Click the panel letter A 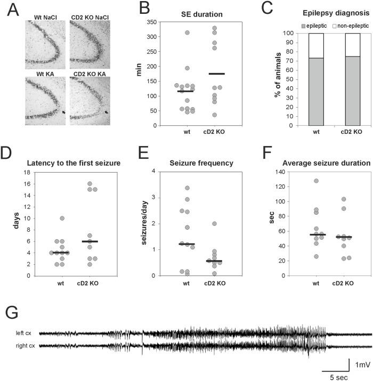[7, 9]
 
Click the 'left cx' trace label [26, 334]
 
